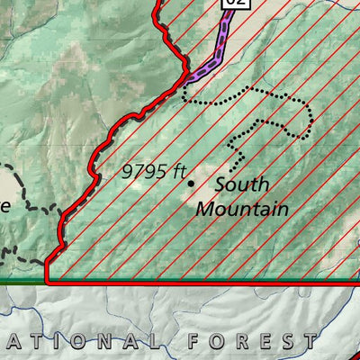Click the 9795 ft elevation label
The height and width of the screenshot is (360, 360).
(x=154, y=171)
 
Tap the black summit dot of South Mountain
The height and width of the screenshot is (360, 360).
(x=191, y=183)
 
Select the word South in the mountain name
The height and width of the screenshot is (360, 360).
(x=241, y=187)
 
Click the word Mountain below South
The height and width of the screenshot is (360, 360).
(x=242, y=209)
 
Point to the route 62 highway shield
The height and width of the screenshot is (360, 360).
(x=234, y=4)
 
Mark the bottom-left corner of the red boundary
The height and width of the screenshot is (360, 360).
(x=47, y=282)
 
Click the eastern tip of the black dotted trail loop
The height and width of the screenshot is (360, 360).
(x=311, y=117)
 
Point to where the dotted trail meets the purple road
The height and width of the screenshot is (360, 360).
(x=184, y=88)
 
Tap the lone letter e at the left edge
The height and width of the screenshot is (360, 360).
(x=4, y=205)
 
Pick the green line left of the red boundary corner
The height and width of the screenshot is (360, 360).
(x=22, y=282)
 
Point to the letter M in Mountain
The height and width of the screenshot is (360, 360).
(x=205, y=209)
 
